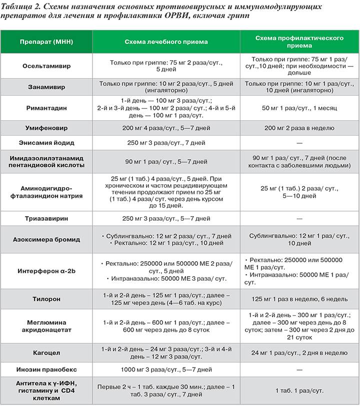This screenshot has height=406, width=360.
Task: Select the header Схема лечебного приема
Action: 166,42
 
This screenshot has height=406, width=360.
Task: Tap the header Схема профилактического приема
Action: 299,41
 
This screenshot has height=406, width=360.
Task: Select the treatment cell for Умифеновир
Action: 166,128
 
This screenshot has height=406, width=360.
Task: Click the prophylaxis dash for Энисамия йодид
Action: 299,143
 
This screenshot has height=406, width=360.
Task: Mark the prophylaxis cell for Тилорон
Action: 299,299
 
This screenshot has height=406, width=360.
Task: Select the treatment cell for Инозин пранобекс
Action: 166,370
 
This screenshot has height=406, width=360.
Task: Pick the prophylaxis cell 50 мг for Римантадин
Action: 299,107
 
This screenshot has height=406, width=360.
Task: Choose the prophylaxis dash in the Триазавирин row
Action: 299,218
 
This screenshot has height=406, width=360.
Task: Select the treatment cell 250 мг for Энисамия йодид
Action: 166,143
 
